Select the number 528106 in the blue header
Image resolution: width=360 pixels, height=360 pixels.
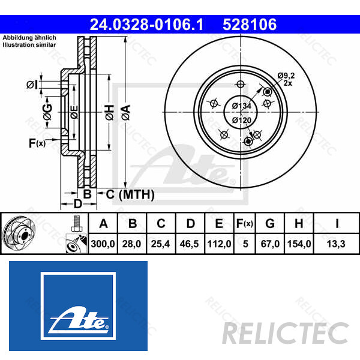249,25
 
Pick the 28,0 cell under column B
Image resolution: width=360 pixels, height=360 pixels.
133,244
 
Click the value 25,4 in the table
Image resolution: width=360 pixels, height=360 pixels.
161,244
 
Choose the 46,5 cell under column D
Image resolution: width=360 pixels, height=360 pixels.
191,244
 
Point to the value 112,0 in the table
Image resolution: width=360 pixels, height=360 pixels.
219,244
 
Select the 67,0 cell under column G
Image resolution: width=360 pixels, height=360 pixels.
270,244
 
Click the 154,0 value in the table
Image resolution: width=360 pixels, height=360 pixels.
299,244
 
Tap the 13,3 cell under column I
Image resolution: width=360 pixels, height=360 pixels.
337,244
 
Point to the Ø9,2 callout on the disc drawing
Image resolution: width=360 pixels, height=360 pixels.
286,75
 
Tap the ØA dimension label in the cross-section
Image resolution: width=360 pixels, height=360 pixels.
125,112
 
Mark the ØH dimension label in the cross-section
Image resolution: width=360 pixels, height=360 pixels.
109,112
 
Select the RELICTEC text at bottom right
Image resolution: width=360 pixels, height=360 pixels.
285,332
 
